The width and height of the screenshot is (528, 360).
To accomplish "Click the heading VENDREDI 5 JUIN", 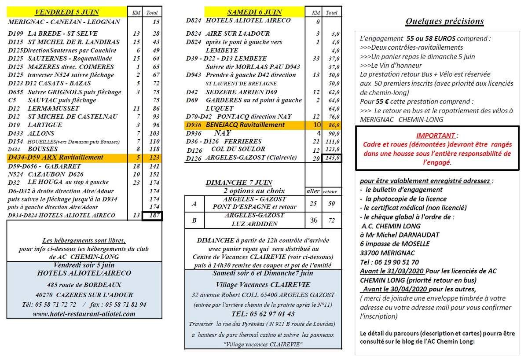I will coord(67,11).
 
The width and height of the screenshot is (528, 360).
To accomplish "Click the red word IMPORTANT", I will coord(436,136).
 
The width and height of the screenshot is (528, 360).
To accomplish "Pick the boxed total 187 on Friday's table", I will coord(154,216).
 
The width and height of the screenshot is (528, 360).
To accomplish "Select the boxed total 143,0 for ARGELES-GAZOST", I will coord(332,158).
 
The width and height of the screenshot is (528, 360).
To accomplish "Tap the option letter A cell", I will coord(194,204).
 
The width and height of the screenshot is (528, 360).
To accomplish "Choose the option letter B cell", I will coord(194,220).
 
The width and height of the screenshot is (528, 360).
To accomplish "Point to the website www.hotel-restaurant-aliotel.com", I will coord(84,314).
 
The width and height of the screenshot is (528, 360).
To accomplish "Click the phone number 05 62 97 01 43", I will coord(263,314).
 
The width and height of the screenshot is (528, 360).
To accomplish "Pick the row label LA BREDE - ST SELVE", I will coord(62,33).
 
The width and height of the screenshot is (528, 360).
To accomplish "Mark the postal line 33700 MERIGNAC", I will coord(389,253).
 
